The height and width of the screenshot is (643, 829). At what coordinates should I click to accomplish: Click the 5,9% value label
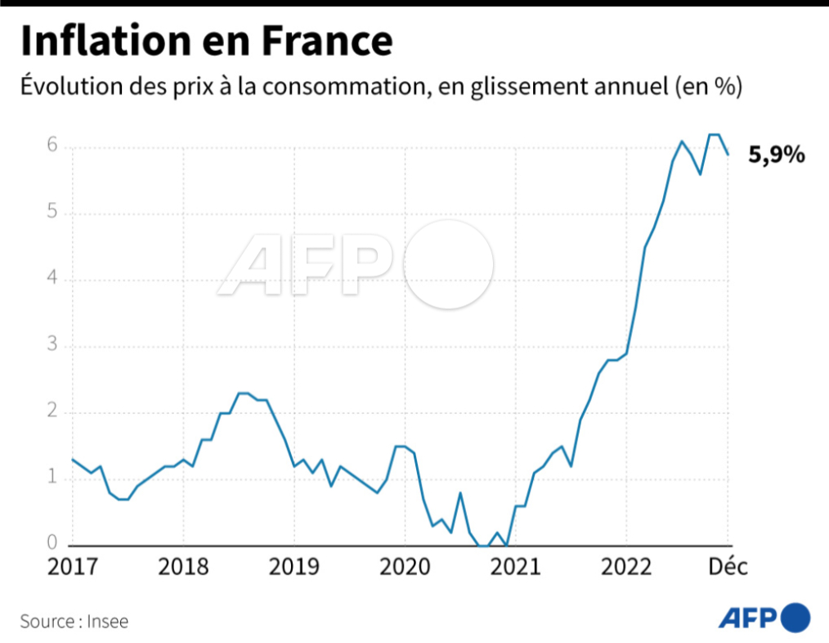(777, 155)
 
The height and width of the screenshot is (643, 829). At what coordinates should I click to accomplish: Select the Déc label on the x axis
(727, 568)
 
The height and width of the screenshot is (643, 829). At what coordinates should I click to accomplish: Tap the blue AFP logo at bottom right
(764, 617)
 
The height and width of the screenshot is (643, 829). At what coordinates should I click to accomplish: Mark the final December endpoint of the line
(728, 154)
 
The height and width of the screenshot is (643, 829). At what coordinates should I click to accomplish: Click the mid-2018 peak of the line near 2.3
(243, 393)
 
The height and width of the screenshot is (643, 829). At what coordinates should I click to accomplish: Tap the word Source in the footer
(47, 622)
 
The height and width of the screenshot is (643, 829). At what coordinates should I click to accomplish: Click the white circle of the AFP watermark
(449, 264)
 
